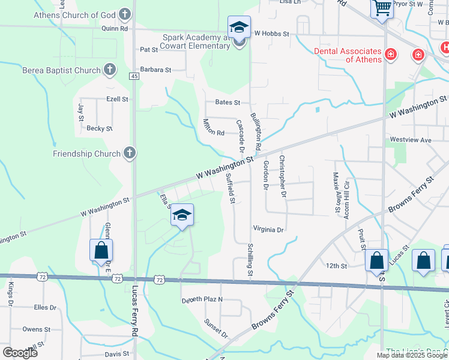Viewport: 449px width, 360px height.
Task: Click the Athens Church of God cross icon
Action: coord(125,14)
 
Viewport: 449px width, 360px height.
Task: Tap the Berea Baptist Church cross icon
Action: coord(109,70)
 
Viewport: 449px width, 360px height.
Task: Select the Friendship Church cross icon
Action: coord(129,154)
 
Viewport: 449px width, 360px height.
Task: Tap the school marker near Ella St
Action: coord(182,215)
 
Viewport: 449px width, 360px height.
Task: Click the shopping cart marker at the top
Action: coord(382,8)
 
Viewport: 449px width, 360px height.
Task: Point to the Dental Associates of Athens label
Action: coord(348,55)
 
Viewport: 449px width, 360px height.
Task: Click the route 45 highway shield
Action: coord(134,76)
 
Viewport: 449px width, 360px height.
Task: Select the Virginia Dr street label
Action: coord(268,229)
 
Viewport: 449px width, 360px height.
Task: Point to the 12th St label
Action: coord(337,265)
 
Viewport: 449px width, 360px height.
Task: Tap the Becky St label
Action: coord(100,128)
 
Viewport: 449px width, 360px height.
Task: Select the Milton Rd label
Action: coord(214,127)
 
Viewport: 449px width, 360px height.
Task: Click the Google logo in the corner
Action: coord(20,352)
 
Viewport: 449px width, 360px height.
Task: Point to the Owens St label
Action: coord(36,329)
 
